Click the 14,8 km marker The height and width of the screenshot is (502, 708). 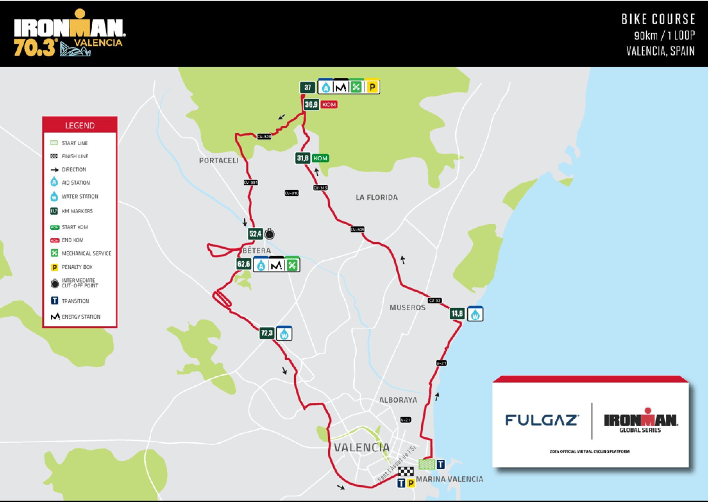pos(457,314)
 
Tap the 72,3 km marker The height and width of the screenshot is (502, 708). pos(267,333)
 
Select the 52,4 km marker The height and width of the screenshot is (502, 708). pos(255,234)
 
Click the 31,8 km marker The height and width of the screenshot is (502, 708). pos(302,158)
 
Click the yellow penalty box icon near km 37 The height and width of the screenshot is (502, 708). pos(372,87)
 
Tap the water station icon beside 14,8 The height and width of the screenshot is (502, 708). pos(475,314)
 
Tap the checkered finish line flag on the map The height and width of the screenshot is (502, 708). pos(406,471)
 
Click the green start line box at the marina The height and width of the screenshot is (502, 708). pos(427,464)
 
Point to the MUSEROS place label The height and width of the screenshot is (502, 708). pos(407,307)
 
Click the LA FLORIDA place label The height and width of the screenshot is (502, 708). pos(377,198)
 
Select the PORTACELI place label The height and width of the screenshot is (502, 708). pos(219,160)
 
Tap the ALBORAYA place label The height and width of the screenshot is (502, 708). pos(398,400)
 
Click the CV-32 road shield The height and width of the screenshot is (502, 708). pos(435,301)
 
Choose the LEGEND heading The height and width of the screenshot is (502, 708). pos(80,125)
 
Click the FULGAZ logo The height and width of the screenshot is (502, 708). pos(541,420)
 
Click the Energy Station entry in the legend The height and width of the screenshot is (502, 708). pos(81,317)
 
